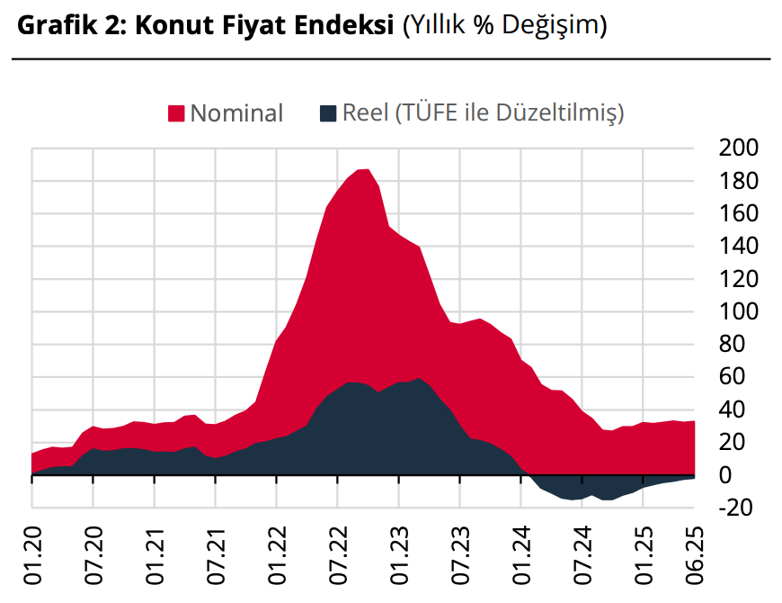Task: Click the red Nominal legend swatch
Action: point(176,112)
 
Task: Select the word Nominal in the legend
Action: point(236,112)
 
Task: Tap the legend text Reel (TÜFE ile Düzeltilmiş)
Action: point(484,112)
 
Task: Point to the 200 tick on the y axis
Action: point(739,148)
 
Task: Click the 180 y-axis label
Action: point(739,181)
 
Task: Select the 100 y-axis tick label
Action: point(739,311)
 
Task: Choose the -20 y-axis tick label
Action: point(735,507)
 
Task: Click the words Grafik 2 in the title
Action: point(73,26)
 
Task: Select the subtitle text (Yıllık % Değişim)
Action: point(504,26)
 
